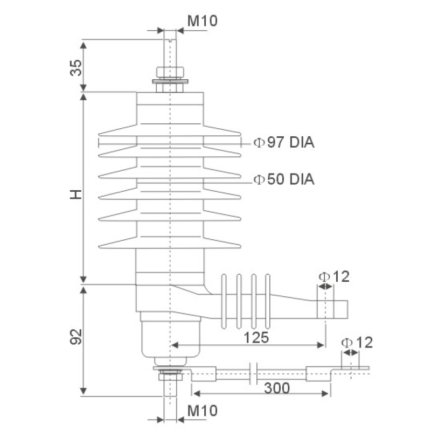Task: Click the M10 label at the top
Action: [202, 21]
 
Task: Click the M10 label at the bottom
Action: [202, 411]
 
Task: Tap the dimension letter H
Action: [77, 195]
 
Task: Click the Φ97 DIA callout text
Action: [284, 143]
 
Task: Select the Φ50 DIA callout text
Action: [284, 179]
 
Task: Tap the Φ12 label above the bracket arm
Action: [334, 277]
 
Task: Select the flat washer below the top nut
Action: [170, 82]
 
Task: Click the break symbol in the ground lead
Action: [253, 373]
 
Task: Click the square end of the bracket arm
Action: [341, 309]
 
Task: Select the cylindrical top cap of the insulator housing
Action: [170, 108]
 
